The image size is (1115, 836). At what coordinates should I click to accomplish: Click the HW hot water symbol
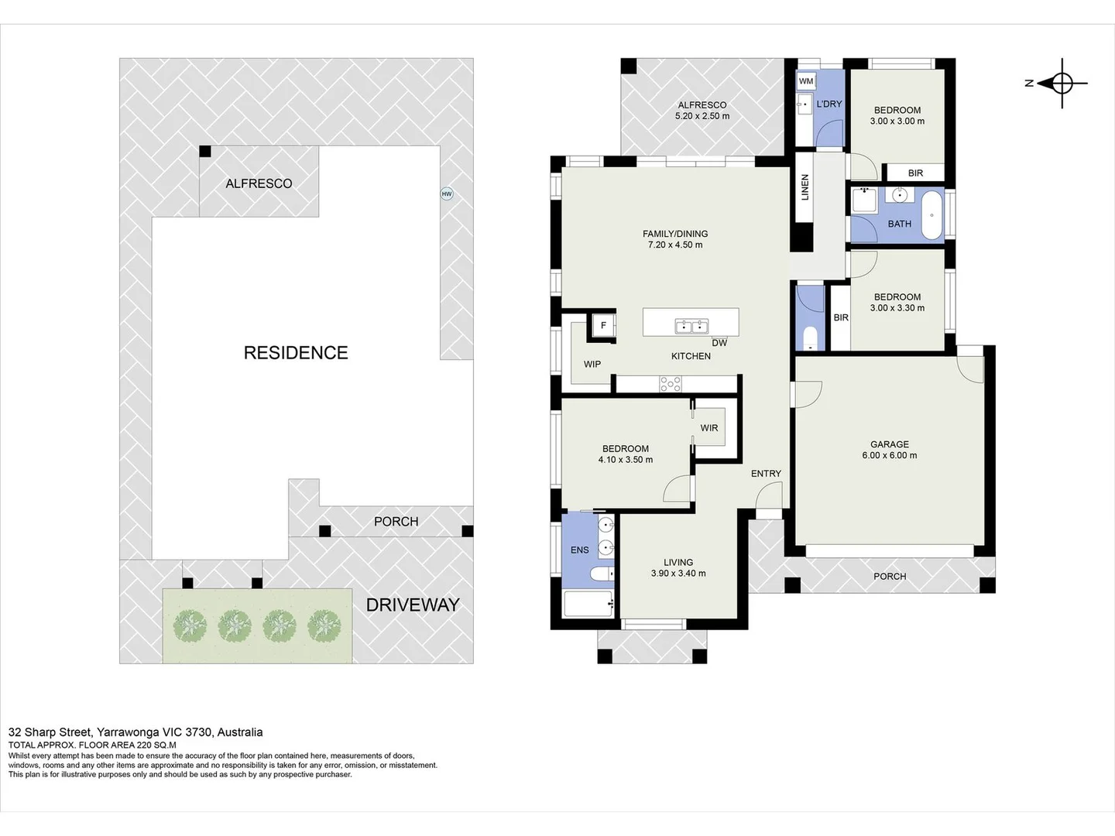[x=447, y=194]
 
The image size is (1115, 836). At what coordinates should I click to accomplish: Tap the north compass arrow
[x=1048, y=84]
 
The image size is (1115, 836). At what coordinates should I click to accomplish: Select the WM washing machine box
[x=805, y=81]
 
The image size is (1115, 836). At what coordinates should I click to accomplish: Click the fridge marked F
[x=603, y=325]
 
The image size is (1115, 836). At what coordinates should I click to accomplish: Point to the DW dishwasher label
[x=719, y=343]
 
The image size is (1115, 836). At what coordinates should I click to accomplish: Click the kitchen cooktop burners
[x=671, y=384]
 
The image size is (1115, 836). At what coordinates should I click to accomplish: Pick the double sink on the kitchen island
[x=692, y=327]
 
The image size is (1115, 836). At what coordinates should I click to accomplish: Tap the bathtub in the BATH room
[x=931, y=215]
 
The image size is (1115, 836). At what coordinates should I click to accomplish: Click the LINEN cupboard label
[x=805, y=187]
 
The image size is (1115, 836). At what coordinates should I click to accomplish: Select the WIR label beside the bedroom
[x=709, y=428]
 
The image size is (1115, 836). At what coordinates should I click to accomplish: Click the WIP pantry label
[x=592, y=364]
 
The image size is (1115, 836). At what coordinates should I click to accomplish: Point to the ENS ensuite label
[x=580, y=550]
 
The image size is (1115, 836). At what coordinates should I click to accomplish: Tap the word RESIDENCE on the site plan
[x=296, y=353]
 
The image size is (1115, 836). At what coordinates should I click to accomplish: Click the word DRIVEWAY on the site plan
[x=413, y=605]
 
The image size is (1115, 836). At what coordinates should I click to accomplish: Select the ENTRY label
[x=766, y=474]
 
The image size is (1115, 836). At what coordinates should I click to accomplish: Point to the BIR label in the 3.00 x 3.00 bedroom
[x=915, y=173]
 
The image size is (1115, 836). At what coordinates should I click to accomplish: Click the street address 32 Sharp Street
[x=50, y=732]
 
